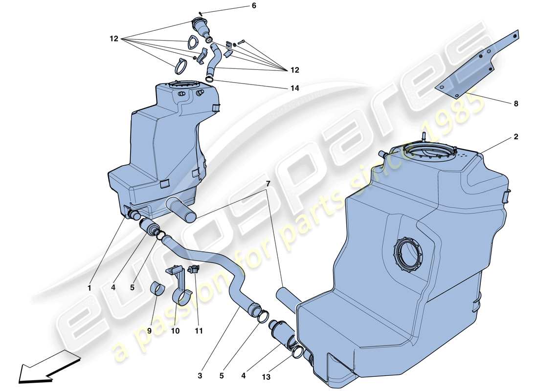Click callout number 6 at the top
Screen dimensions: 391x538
254,6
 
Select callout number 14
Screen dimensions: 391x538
253,88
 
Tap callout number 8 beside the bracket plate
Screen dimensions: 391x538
516,104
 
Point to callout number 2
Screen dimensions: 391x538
516,138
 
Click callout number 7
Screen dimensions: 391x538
268,183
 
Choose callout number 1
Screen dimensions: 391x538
90,288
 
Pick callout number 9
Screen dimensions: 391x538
149,331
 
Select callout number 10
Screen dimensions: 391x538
175,331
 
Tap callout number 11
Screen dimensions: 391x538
198,331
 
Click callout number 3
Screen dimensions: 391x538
200,375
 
